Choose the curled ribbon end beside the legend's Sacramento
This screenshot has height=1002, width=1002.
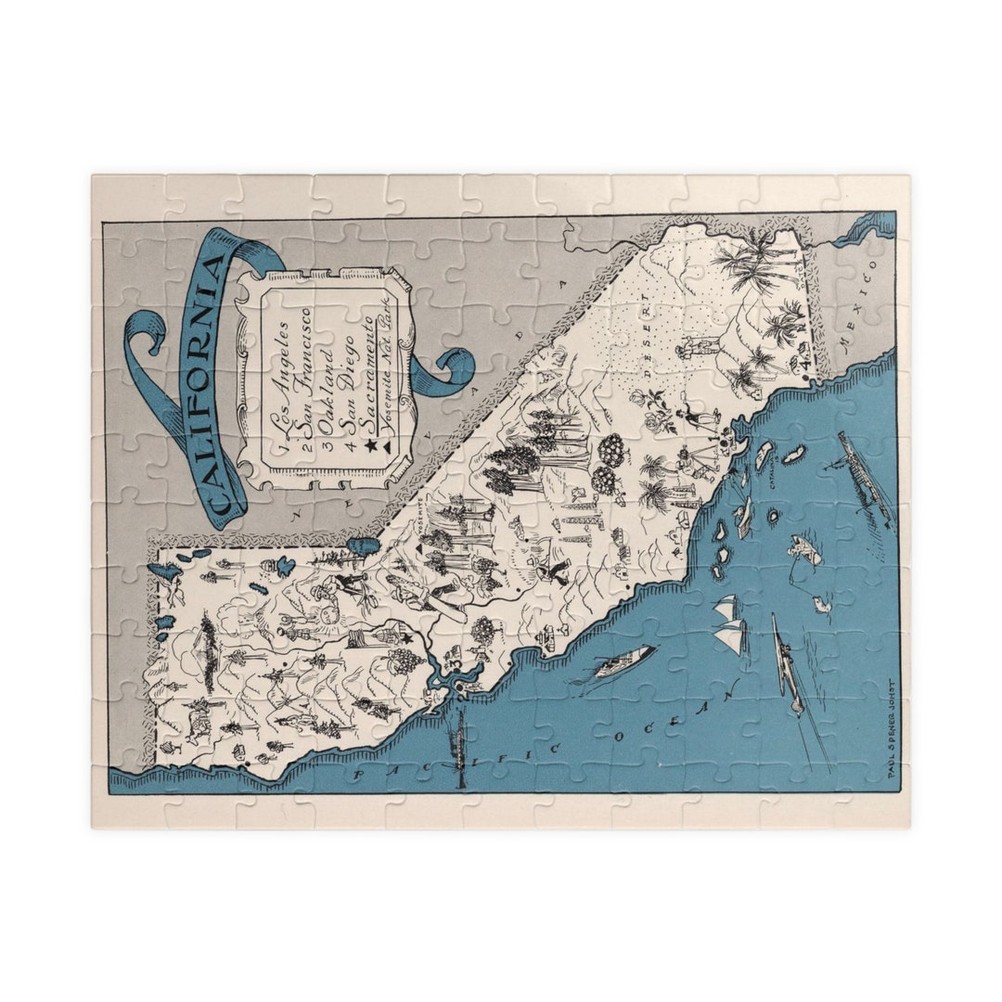coord(450,366)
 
